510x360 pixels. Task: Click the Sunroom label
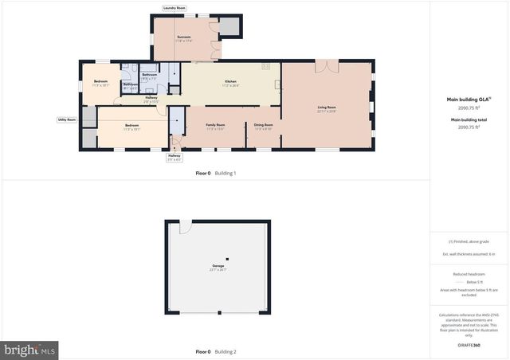pyautogui.click(x=184, y=37)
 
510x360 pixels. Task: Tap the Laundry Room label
pyautogui.click(x=174, y=8)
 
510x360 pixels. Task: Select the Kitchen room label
pyautogui.click(x=230, y=82)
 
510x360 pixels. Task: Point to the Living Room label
pyautogui.click(x=327, y=108)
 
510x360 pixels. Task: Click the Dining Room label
pyautogui.click(x=264, y=125)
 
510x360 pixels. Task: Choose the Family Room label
pyautogui.click(x=215, y=125)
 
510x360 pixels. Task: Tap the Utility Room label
pyautogui.click(x=66, y=119)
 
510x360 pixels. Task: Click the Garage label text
pyautogui.click(x=218, y=266)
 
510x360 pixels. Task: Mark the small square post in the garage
pyautogui.click(x=227, y=259)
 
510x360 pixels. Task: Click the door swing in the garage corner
pyautogui.click(x=185, y=228)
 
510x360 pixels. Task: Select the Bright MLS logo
pyautogui.click(x=29, y=350)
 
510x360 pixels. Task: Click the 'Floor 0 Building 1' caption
pyautogui.click(x=216, y=173)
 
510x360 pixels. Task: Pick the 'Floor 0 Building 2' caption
pyautogui.click(x=216, y=351)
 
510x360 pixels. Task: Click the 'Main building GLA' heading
pyautogui.click(x=467, y=100)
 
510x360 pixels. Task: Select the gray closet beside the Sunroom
pyautogui.click(x=230, y=25)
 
